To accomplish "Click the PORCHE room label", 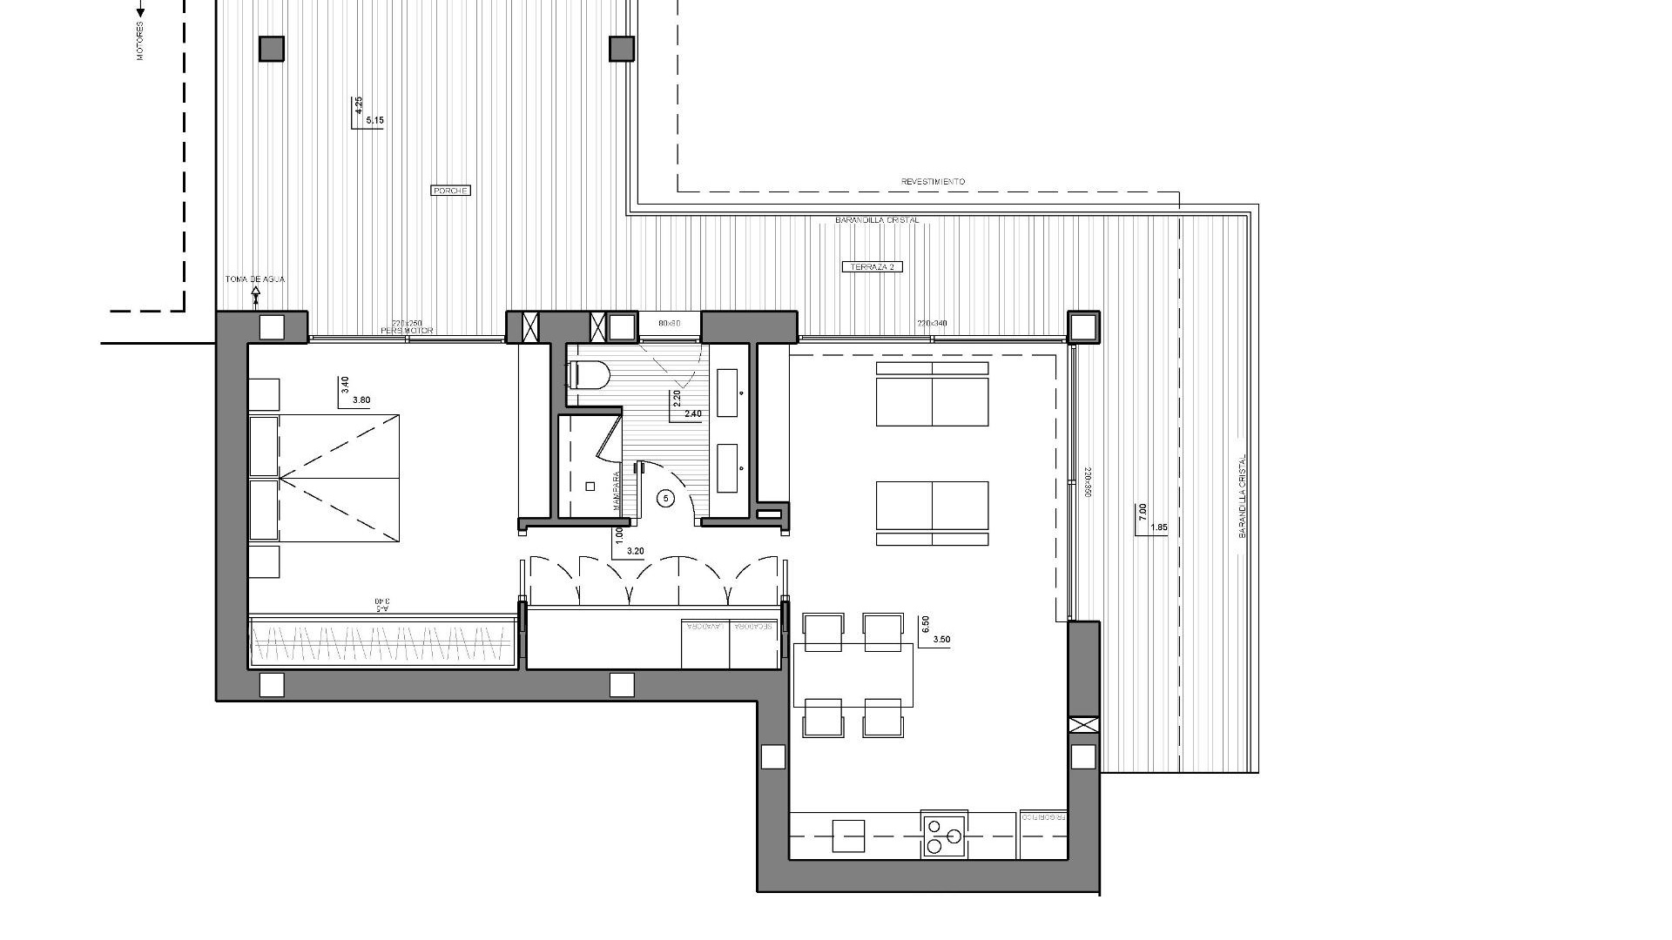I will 451,191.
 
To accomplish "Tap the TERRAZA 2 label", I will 872,267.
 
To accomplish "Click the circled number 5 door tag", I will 666,498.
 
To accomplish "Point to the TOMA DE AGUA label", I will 254,279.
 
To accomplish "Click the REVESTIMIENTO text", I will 933,182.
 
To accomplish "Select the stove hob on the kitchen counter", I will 944,835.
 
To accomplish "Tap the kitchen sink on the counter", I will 848,836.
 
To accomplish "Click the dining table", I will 853,675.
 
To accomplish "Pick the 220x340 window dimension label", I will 931,324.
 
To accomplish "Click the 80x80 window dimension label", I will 669,324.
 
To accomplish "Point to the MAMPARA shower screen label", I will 616,491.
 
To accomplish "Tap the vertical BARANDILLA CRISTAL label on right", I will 1243,496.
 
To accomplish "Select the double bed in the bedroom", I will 324,479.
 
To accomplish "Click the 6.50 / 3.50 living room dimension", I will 934,631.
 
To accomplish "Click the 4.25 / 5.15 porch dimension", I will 366,113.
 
